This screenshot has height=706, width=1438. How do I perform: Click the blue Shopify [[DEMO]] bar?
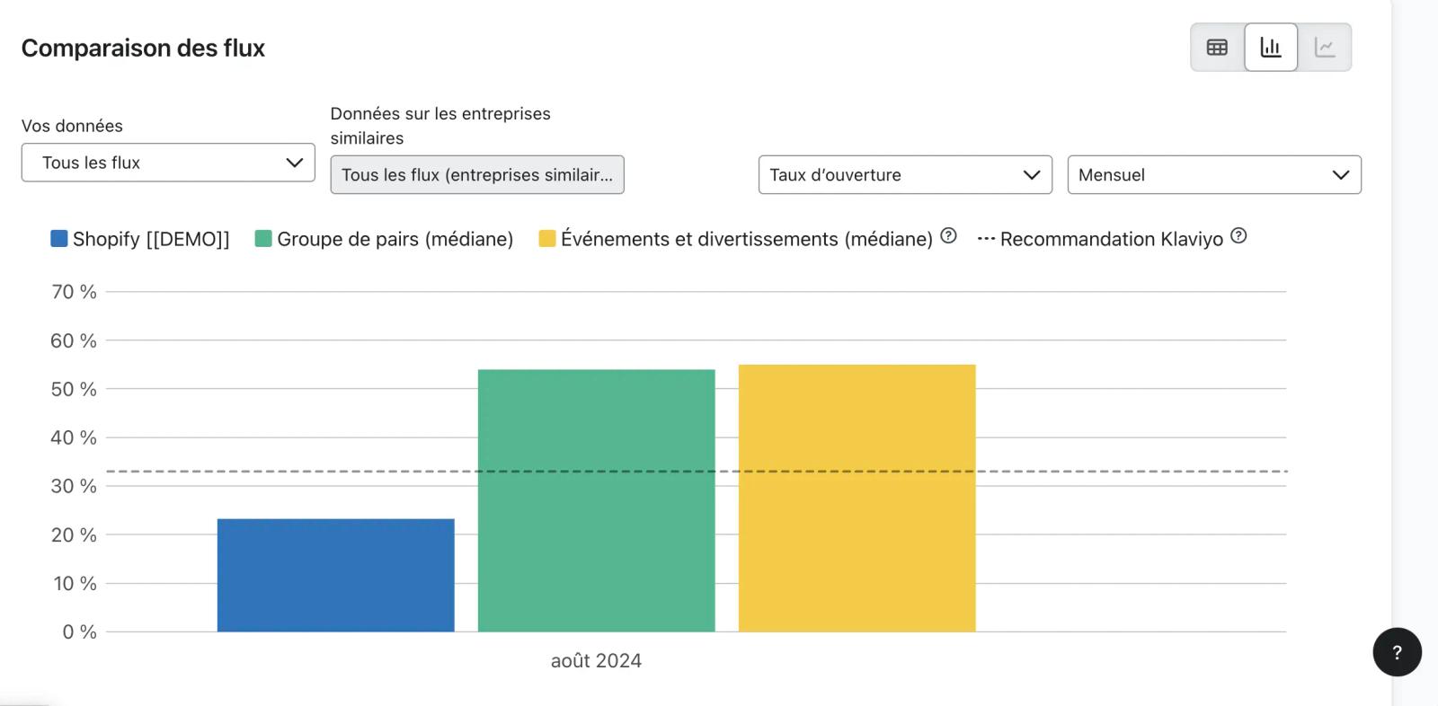[x=336, y=575]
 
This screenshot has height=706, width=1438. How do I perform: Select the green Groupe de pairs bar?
[x=597, y=500]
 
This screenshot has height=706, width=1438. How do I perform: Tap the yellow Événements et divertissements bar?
[x=857, y=498]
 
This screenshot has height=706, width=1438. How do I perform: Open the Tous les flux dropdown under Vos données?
[x=168, y=163]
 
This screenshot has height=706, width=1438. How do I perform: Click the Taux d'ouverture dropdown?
[x=905, y=174]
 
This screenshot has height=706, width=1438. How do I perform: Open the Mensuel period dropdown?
[x=1214, y=174]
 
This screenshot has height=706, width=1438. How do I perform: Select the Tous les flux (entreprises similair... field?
[x=477, y=174]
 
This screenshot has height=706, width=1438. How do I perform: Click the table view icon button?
[x=1217, y=48]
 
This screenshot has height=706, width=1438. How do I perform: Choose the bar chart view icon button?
[x=1271, y=48]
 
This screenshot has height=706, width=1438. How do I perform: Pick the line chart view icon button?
[x=1325, y=48]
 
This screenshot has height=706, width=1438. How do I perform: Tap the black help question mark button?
[x=1397, y=652]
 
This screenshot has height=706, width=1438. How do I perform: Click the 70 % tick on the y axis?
[x=74, y=292]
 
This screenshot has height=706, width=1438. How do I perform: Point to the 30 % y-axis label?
[x=74, y=487]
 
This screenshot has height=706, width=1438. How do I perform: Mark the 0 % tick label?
[x=80, y=632]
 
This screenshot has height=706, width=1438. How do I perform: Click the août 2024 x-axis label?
[x=597, y=660]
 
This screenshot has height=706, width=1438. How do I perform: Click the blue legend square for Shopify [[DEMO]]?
[x=59, y=239]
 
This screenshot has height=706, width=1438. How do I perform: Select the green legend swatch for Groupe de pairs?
[x=263, y=239]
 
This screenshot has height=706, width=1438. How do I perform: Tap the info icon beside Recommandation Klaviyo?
[x=1238, y=236]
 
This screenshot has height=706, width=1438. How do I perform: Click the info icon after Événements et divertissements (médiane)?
[x=948, y=236]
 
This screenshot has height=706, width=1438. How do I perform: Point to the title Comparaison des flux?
[x=143, y=49]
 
